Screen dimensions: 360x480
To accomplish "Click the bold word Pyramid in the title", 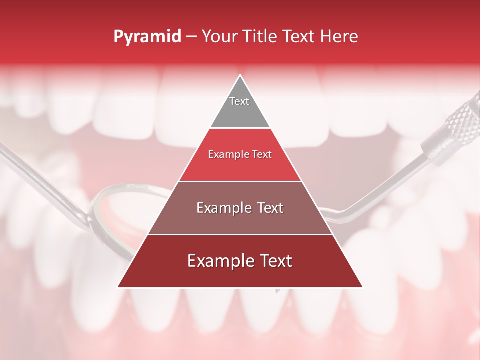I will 147,37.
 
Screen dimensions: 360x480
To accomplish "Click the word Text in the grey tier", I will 239,101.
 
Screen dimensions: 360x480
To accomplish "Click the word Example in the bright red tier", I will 225,155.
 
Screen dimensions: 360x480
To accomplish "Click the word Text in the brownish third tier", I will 269,208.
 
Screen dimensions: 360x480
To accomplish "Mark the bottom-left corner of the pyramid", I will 118,287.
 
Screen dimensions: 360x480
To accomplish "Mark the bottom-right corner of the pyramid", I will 362,287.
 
